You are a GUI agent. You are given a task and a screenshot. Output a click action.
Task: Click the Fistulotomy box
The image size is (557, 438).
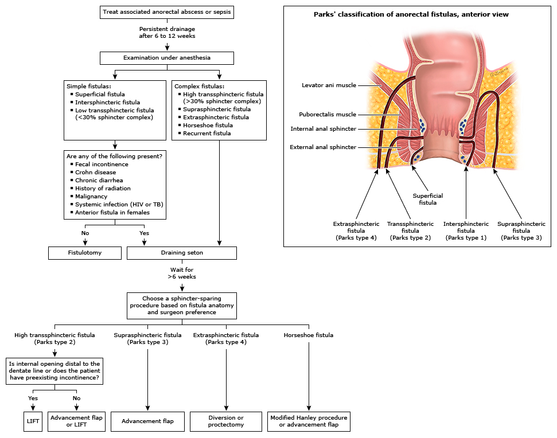[85, 253]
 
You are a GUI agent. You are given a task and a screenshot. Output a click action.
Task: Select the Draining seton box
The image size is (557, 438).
[181, 253]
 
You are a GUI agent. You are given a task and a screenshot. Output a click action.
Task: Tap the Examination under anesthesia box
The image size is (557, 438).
[167, 58]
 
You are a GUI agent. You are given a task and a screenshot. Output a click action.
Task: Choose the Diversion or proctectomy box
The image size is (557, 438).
[226, 421]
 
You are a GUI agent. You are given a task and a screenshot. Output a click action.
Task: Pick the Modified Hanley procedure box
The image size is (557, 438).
[309, 421]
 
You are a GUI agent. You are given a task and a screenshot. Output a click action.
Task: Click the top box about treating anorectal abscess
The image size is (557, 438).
[167, 12]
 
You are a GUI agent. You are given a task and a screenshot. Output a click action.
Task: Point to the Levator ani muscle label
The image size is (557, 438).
[329, 85]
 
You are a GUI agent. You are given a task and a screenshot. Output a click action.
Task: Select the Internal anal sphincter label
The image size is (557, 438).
[323, 129]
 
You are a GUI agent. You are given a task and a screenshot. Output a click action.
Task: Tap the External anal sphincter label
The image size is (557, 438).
[323, 147]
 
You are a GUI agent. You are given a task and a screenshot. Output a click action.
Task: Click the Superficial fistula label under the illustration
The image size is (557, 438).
[428, 199]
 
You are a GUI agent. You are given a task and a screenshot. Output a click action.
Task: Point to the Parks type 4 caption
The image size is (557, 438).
[356, 237]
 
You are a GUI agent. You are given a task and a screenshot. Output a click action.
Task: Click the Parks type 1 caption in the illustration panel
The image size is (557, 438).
[466, 237]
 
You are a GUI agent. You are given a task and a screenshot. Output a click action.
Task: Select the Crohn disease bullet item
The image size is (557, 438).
[95, 173]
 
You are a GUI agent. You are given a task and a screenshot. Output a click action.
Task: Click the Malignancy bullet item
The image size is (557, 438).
[91, 197]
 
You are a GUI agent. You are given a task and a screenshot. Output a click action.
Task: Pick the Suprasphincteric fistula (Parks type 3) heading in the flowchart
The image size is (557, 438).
[149, 338]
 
